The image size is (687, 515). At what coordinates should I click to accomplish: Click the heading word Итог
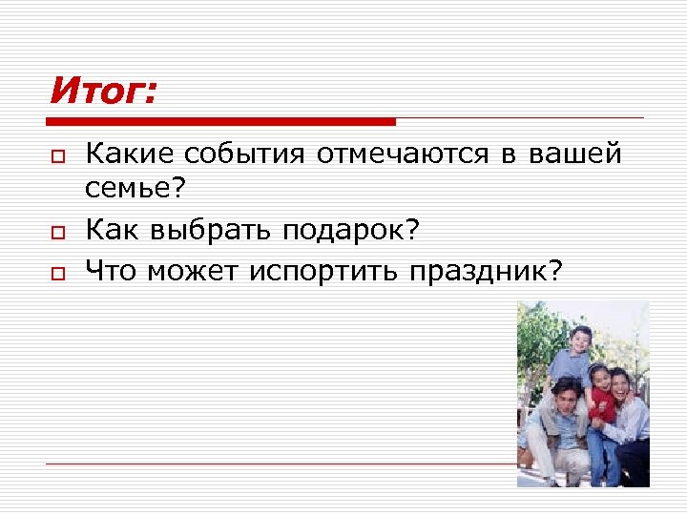pos(101,93)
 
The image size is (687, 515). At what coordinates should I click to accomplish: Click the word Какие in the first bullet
pos(129,154)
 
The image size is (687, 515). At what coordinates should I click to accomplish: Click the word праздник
pos(487,272)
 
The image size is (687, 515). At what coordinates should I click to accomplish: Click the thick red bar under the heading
pos(220,122)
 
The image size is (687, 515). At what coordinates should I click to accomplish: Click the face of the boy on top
pos(580,339)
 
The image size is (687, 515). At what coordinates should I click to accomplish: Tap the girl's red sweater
pos(601,405)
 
